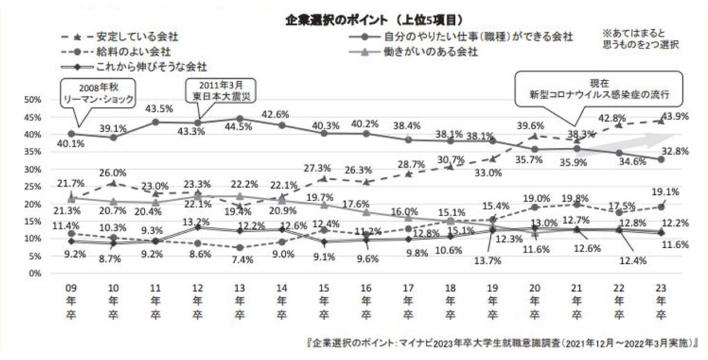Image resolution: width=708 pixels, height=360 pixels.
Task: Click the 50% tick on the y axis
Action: coord(35,100)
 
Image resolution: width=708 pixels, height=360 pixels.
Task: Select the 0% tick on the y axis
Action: coord(38,274)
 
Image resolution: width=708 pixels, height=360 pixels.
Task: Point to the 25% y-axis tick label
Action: coord(35,187)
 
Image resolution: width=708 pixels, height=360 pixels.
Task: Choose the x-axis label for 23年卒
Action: coord(661,301)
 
